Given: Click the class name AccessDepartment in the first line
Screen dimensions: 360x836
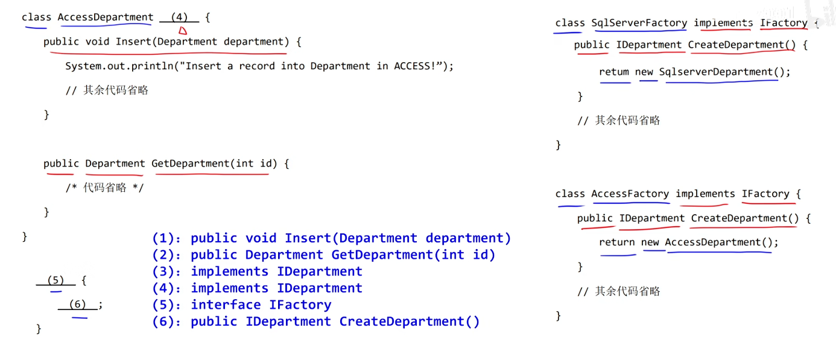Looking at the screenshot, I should coord(106,17).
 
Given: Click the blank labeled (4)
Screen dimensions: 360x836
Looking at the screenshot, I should coord(179,17).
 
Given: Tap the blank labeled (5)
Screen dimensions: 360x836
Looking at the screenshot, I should coord(55,280).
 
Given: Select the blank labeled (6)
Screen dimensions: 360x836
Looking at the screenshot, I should coord(77,305).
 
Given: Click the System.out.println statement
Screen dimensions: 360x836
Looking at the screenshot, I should coord(259,66).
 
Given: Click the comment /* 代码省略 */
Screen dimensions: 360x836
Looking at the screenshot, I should coord(105,188).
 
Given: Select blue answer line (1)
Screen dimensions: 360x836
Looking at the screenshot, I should coord(331,238).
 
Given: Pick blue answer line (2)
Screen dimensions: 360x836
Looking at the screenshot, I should coord(323,255).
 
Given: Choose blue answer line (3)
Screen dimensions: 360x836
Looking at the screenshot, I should coord(257,271).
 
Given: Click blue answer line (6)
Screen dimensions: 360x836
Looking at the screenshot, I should coord(316,321).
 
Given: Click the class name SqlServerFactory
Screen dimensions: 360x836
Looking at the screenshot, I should coord(639,23).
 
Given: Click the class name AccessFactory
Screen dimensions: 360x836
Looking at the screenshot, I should coord(630,194).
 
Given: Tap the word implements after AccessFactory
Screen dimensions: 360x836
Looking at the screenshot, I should coord(705,194).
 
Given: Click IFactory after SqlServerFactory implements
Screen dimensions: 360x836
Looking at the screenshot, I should coord(783,23).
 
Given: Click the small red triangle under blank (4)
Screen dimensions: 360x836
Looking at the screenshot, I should coord(182,30).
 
